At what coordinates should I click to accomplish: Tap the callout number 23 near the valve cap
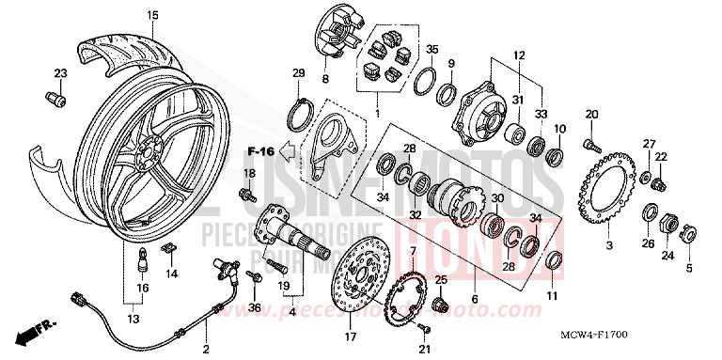click(60, 73)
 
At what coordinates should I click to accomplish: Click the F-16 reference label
click(260, 150)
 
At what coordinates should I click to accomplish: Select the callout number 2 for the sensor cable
click(205, 350)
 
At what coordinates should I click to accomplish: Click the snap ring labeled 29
click(299, 112)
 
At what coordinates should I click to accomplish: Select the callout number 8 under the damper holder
click(326, 79)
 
